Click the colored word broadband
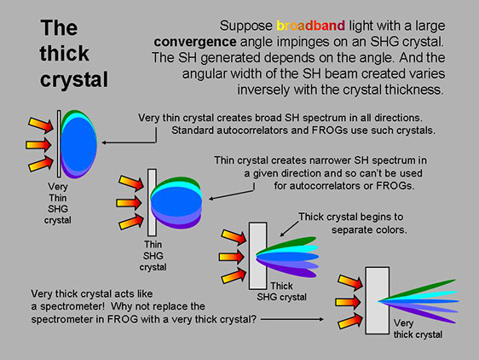[x=311, y=26]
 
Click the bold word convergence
[x=195, y=42]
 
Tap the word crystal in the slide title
[x=74, y=79]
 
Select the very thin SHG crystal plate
[x=59, y=144]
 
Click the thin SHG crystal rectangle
[x=152, y=202]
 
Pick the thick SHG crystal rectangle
[x=258, y=256]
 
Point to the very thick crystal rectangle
[x=378, y=300]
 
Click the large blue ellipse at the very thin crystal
[x=78, y=144]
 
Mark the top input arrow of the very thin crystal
[x=41, y=125]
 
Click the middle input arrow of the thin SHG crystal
[x=129, y=203]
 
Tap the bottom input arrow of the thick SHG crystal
[x=234, y=276]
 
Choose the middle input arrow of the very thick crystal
[x=349, y=303]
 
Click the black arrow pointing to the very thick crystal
[x=292, y=319]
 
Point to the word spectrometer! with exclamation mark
[x=72, y=306]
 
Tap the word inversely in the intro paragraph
[x=263, y=90]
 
